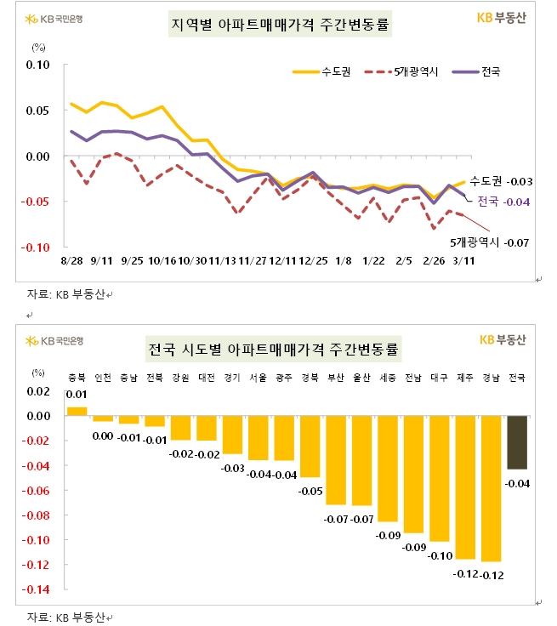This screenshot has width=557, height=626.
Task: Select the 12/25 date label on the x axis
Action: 315,261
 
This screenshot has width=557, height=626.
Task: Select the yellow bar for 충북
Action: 77,412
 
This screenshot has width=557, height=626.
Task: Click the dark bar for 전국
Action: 516,442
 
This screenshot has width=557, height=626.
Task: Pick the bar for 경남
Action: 491,489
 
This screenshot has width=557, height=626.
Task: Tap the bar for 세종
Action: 388,469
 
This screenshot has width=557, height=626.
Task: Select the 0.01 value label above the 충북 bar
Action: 77,395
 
